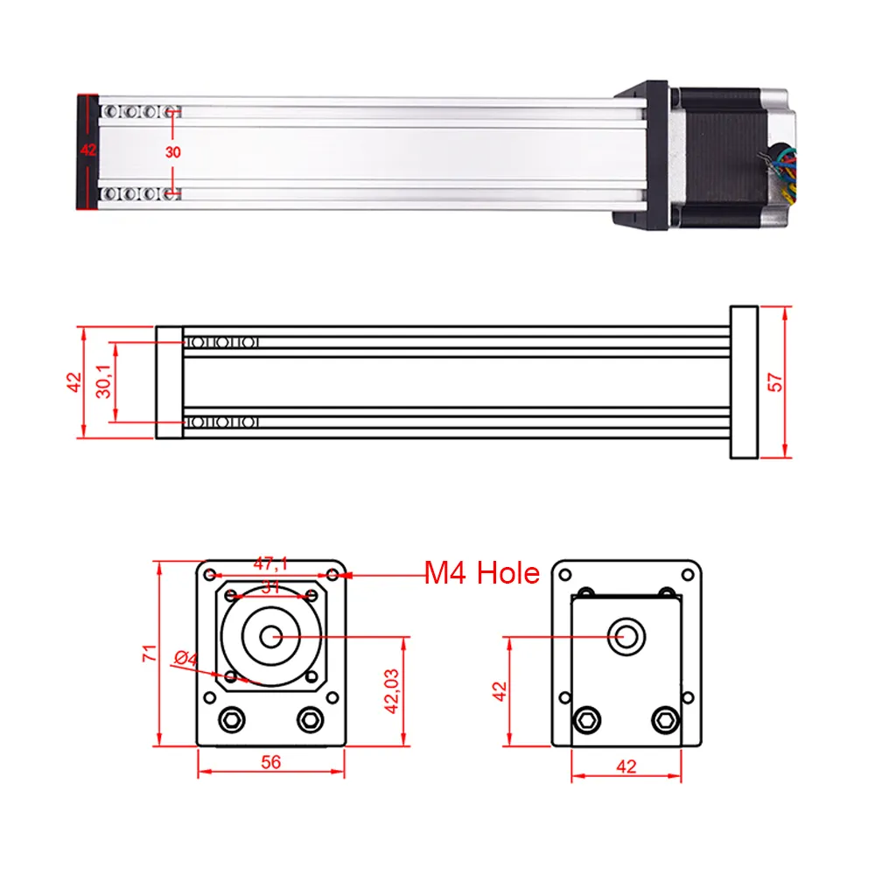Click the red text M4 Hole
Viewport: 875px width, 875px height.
pos(482,574)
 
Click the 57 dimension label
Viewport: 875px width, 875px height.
pos(774,381)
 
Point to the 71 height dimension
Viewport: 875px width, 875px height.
pos(150,653)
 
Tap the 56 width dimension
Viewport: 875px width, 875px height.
pos(271,762)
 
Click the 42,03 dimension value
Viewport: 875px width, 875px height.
pos(392,691)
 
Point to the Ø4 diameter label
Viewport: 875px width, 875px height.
pos(186,657)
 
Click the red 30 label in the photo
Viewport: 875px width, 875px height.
pos(173,151)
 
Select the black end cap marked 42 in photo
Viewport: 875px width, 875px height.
pos(87,151)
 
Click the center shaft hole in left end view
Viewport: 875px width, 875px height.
pos(273,637)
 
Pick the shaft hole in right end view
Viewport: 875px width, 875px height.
pos(627,636)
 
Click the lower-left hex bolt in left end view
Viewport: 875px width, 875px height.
pos(233,720)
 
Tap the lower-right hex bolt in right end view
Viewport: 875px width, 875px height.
pos(664,720)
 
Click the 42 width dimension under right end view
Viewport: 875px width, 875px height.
pos(626,766)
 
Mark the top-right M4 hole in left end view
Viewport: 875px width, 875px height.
pos(332,575)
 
